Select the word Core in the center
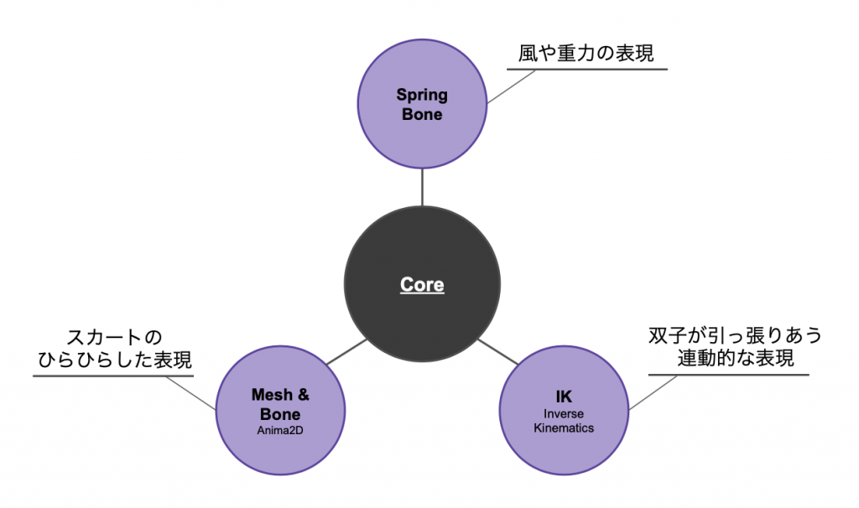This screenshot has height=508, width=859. (x=422, y=285)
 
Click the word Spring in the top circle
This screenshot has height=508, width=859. (x=422, y=95)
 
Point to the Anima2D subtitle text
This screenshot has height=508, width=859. (x=280, y=432)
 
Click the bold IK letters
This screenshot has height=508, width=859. (x=563, y=396)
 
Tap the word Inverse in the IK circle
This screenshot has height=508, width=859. (x=563, y=414)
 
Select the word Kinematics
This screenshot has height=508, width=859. (x=563, y=428)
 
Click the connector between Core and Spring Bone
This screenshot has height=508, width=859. (x=422, y=186)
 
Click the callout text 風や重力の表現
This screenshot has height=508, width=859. (x=588, y=53)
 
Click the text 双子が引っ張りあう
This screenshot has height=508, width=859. (x=735, y=335)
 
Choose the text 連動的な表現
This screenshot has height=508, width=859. (x=735, y=358)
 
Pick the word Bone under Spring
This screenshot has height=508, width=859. (x=422, y=115)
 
